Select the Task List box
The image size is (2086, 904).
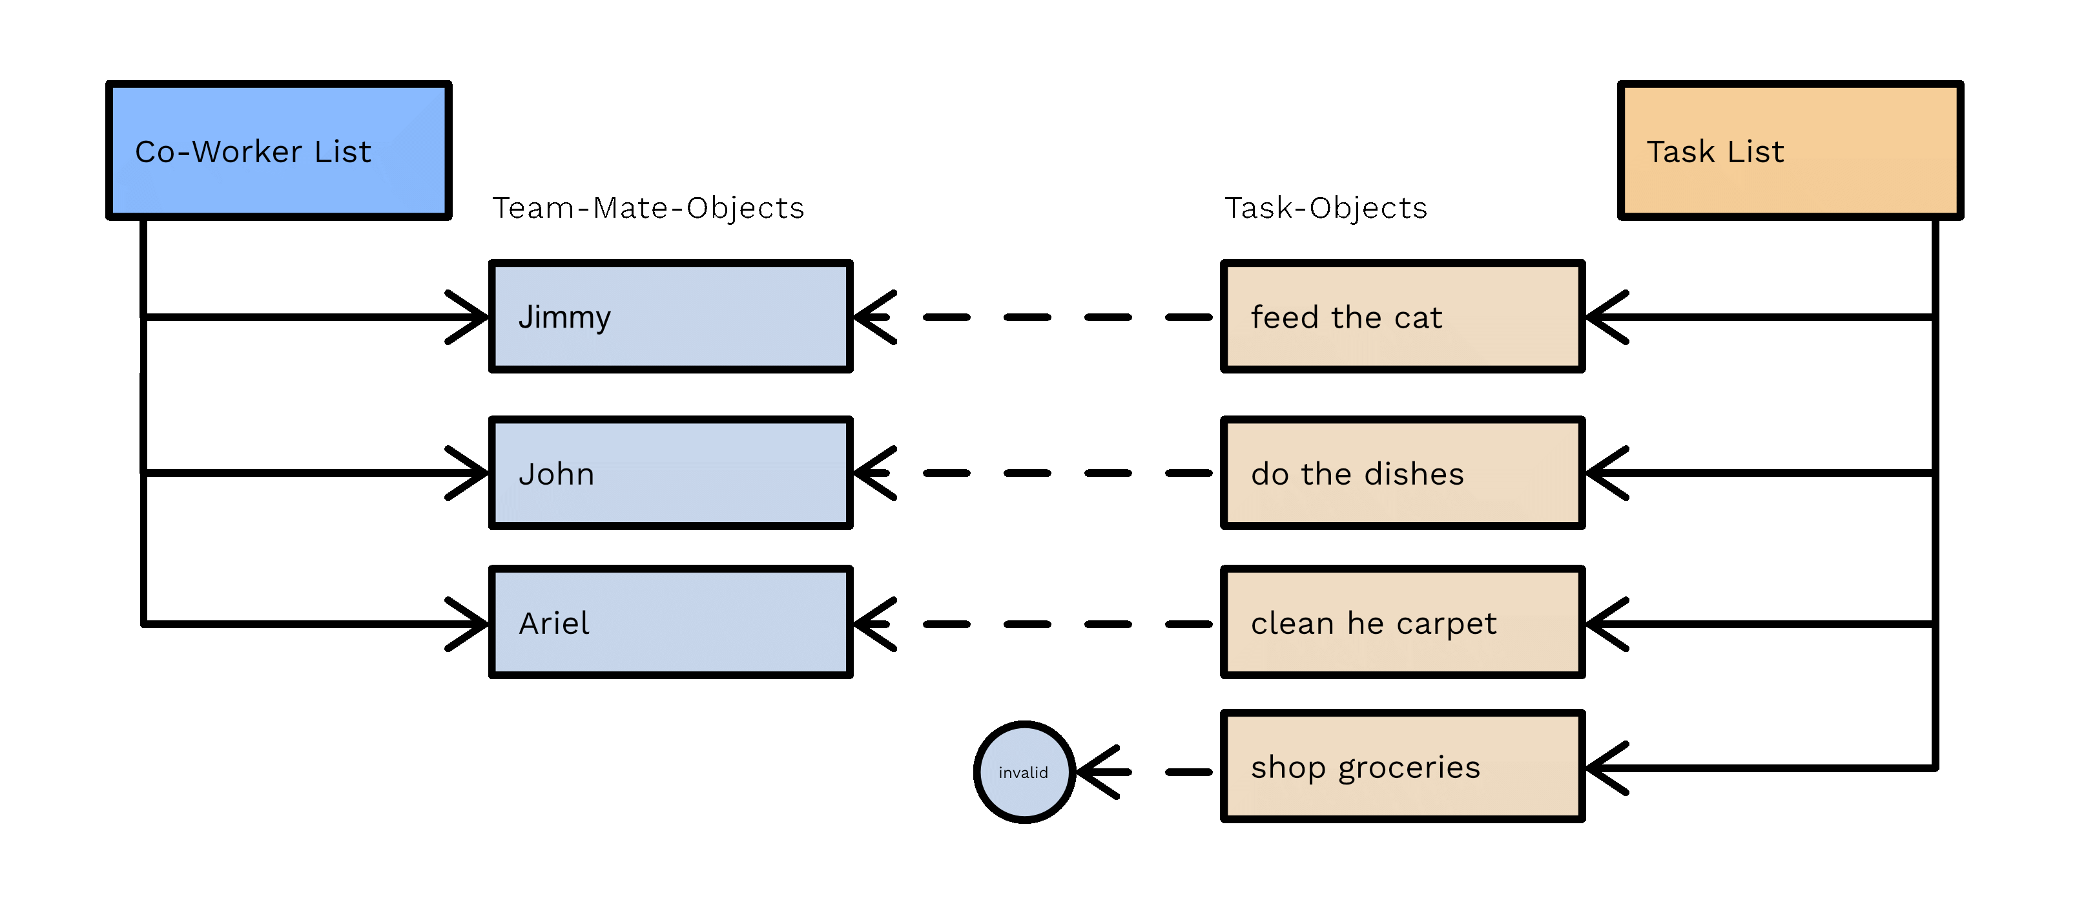(x=1790, y=151)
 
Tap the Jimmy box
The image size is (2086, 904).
(x=670, y=317)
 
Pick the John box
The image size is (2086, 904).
(x=670, y=473)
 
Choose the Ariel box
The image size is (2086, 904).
(x=670, y=622)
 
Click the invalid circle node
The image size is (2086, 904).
(x=1024, y=772)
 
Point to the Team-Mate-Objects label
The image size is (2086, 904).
(x=648, y=208)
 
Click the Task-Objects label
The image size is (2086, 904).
(x=1326, y=208)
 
